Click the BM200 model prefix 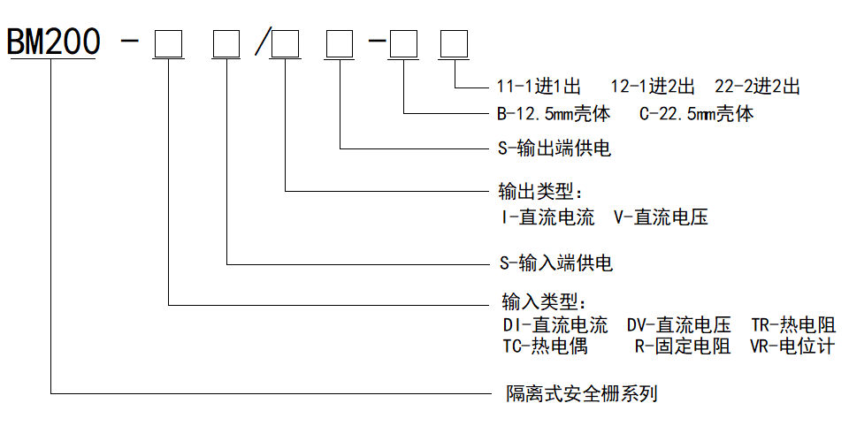(x=52, y=43)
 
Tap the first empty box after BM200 (x=168, y=43)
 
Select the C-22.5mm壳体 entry (x=697, y=115)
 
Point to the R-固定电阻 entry (x=682, y=346)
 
